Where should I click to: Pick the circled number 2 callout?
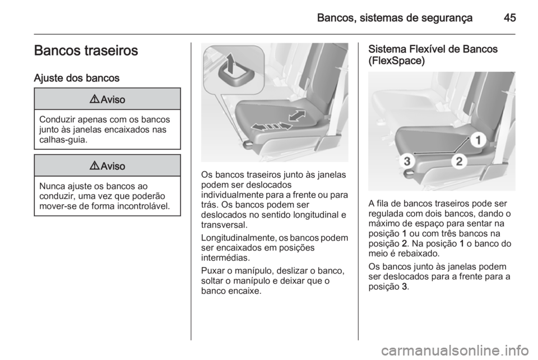pyautogui.click(x=458, y=161)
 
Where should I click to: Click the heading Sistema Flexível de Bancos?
pyautogui.click(x=433, y=49)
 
